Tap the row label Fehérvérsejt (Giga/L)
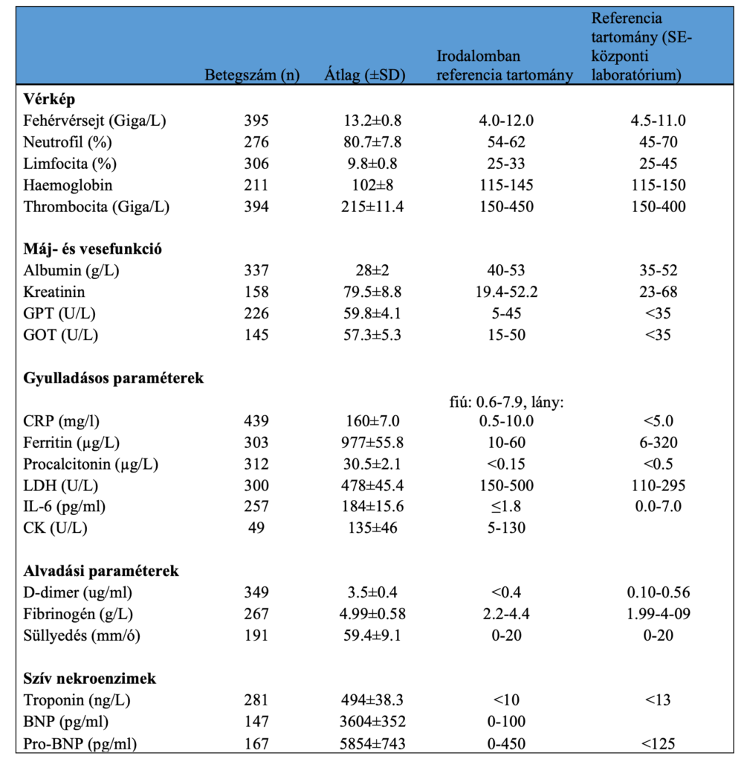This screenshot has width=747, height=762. point(95,121)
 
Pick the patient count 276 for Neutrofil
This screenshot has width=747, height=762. point(256,143)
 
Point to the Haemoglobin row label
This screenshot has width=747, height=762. point(68,185)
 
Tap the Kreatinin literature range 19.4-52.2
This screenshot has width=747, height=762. point(505,292)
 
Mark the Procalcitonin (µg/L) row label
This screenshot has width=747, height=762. point(91,465)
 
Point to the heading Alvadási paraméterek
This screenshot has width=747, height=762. point(101,571)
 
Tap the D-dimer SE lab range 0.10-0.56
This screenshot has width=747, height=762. point(657,593)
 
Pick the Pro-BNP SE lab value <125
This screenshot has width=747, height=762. point(657,743)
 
